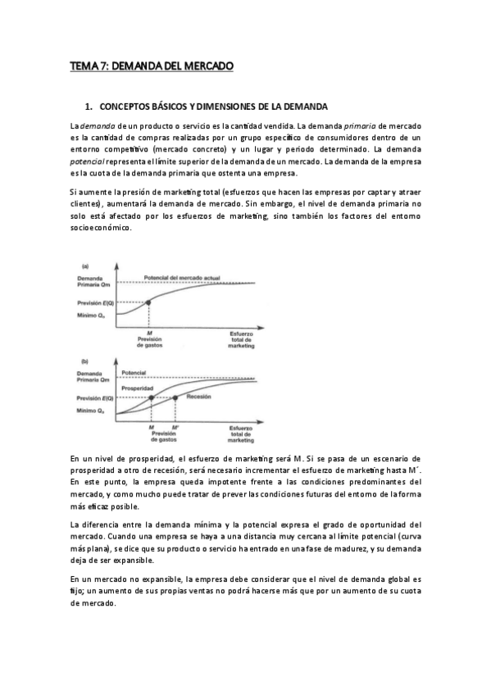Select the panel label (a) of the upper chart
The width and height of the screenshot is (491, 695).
pos(84,266)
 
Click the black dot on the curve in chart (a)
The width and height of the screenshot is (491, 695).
pos(148,302)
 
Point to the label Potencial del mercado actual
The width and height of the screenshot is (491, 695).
pos(182,278)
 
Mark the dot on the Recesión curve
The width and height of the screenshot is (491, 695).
pos(175,397)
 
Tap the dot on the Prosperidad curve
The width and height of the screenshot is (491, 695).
pos(151,397)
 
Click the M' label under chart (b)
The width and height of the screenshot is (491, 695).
pos(176,428)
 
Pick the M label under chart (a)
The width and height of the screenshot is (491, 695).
pos(148,334)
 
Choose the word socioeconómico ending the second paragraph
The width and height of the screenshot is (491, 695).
pos(99,227)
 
